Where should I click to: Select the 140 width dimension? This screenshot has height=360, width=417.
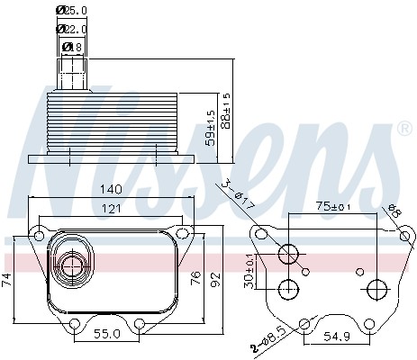pyautogui.click(x=112, y=190)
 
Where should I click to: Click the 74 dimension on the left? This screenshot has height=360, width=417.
pyautogui.click(x=8, y=280)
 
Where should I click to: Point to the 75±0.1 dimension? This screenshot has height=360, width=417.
pyautogui.click(x=335, y=207)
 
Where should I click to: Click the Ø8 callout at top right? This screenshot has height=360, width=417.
pyautogui.click(x=395, y=211)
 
